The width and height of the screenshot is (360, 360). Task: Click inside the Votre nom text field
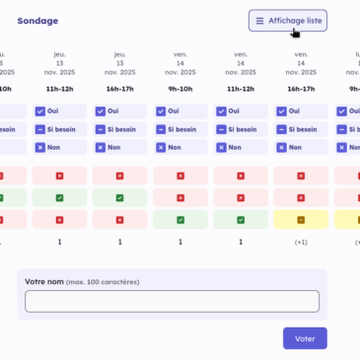(x=173, y=301)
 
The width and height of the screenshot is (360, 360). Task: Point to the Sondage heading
(x=37, y=21)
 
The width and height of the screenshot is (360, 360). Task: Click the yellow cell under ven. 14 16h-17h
(x=300, y=219)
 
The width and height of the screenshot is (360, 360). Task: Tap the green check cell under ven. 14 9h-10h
(x=180, y=219)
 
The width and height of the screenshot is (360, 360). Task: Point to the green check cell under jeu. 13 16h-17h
(x=119, y=197)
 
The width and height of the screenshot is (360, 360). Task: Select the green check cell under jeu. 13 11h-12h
(x=59, y=197)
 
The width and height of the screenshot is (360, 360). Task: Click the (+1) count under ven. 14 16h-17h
(x=300, y=241)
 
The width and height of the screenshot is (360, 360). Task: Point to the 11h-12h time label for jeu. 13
(x=59, y=88)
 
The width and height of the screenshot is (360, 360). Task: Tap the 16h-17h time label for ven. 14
(x=300, y=88)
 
